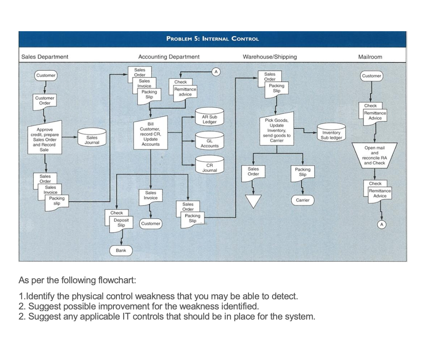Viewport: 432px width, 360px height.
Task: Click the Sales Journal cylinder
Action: (x=92, y=140)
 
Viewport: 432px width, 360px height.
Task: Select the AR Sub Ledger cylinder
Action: (x=209, y=119)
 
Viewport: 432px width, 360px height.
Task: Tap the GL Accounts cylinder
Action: (x=209, y=143)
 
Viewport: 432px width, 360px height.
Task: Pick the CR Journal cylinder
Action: (x=209, y=167)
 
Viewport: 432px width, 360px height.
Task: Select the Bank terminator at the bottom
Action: (x=121, y=250)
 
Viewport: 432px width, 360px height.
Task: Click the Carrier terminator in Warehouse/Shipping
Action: (x=302, y=200)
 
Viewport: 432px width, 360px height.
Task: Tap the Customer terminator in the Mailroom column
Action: (x=371, y=76)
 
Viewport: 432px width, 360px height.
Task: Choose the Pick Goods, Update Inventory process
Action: (x=276, y=131)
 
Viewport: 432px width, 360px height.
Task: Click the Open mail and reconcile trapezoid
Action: (x=374, y=155)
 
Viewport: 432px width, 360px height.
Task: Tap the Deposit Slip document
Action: (x=121, y=223)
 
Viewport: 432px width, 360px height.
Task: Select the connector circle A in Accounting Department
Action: (x=216, y=72)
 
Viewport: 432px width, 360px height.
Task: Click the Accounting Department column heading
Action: (x=169, y=56)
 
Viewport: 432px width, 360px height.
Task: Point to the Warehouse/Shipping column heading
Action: (x=270, y=56)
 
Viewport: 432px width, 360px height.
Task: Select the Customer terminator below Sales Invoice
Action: (x=151, y=223)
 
